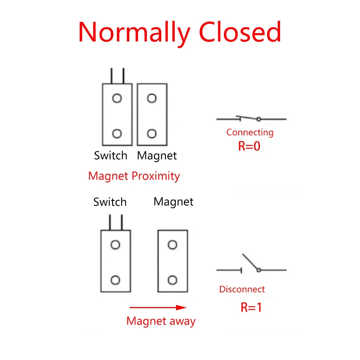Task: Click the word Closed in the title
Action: point(240,32)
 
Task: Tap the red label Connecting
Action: point(250,133)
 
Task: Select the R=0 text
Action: point(249,146)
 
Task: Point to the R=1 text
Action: point(251,307)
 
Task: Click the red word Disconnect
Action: point(242,289)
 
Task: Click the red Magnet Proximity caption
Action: point(134,176)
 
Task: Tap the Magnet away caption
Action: point(161,321)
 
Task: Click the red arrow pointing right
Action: point(158,307)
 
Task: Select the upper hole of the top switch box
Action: point(117,98)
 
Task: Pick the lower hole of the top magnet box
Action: point(152,134)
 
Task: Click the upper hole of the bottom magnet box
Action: point(172,245)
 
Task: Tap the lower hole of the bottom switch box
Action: point(115,280)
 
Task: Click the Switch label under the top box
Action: point(111,156)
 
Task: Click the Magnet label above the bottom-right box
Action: point(174,202)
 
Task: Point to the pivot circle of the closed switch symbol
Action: point(259,119)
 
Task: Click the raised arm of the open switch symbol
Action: point(250,261)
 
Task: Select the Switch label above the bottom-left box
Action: point(110,202)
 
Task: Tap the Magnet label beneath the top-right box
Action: point(157,156)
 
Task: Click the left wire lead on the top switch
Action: point(112,76)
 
